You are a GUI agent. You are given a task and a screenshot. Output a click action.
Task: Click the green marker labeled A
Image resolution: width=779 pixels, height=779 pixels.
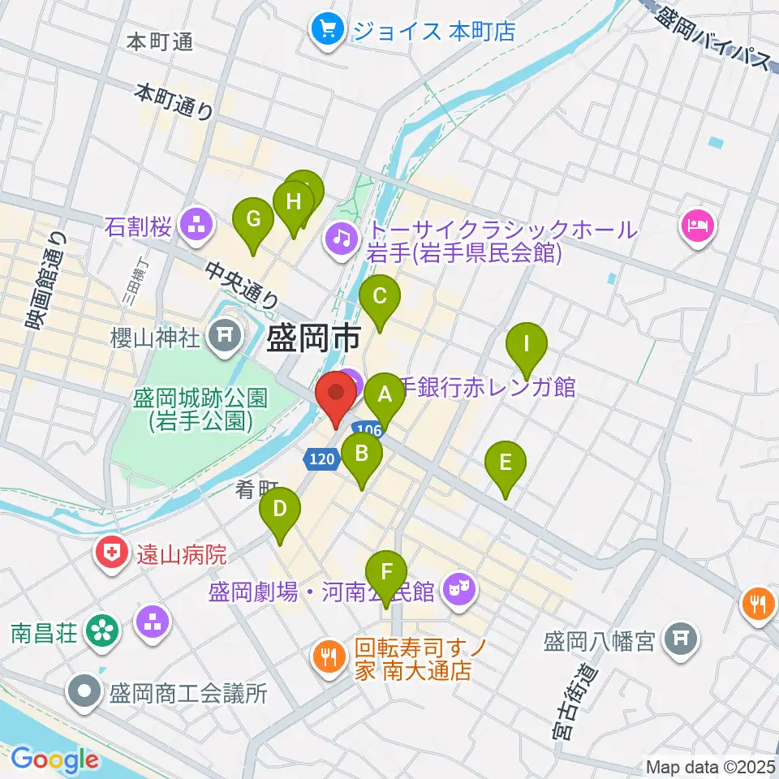tap(384, 396)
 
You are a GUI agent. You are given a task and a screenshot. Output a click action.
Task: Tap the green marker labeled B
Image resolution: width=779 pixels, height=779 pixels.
tap(362, 453)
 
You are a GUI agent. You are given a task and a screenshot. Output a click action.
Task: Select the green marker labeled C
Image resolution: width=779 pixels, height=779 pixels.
tap(380, 296)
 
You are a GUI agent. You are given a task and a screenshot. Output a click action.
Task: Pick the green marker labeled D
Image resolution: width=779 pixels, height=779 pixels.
tap(280, 510)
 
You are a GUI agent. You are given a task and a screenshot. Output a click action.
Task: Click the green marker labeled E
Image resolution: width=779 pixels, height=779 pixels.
tap(506, 463)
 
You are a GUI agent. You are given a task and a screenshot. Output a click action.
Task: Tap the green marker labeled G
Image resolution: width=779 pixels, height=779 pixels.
tap(253, 219)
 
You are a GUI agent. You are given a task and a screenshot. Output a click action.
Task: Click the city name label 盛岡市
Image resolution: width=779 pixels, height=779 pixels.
tap(310, 338)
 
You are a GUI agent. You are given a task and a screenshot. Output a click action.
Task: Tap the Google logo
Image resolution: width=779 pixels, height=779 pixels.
tap(54, 760)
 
